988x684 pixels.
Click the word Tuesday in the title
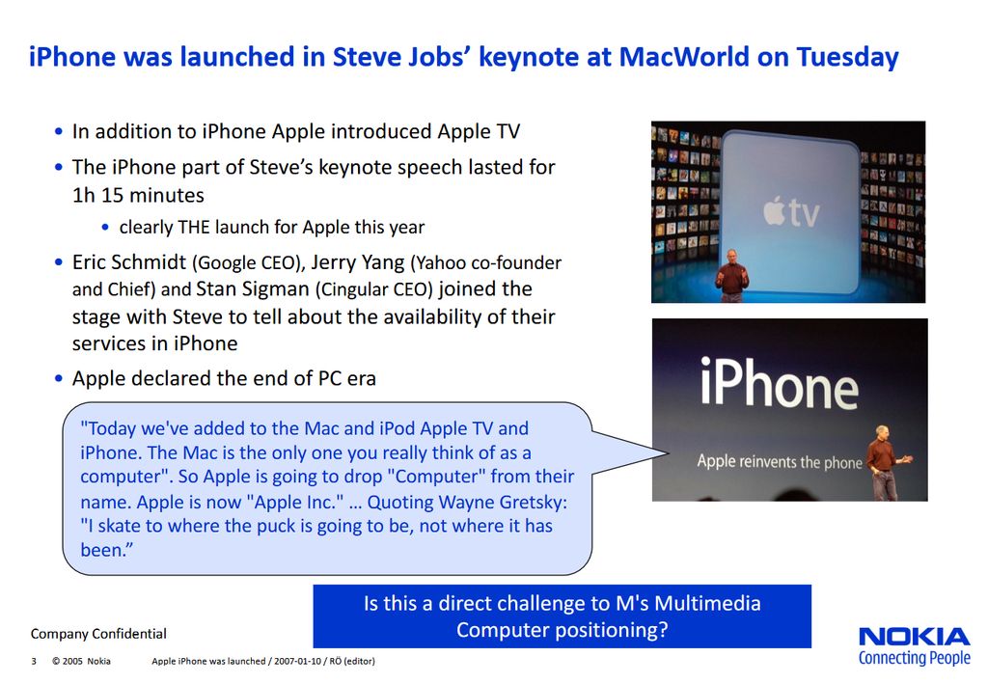click(847, 58)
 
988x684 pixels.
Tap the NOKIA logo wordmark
click(915, 636)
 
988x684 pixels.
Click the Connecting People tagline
click(915, 658)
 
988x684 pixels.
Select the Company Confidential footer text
click(98, 634)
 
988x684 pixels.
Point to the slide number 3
click(34, 661)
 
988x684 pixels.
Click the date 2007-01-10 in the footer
click(297, 661)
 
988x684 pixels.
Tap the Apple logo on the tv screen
click(775, 211)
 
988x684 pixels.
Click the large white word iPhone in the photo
click(780, 383)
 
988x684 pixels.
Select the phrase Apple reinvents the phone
click(780, 462)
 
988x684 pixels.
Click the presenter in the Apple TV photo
click(732, 275)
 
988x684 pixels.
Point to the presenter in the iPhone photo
click(886, 463)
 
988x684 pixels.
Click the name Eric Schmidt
click(129, 262)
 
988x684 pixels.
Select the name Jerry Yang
click(357, 262)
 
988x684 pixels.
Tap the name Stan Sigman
click(253, 289)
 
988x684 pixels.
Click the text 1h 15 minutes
click(138, 195)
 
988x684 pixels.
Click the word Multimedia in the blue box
click(707, 603)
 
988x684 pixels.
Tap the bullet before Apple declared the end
click(59, 379)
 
